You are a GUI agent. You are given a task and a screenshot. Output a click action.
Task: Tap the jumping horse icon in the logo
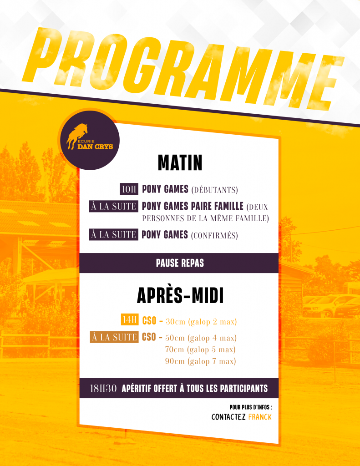point(77,136)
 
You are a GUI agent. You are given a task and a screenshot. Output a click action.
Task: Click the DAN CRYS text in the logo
point(95,147)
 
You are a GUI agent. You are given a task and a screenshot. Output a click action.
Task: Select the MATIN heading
point(180,162)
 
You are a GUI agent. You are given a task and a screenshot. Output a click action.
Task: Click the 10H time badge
point(129,189)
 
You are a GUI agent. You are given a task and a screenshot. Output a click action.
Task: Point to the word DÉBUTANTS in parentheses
point(215,190)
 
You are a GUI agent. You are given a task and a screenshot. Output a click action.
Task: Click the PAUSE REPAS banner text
point(180,263)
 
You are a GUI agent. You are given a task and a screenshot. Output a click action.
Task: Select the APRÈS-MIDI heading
point(180,296)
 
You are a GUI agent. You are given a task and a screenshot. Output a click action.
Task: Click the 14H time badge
point(130,320)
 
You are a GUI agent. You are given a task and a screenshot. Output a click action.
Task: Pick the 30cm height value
point(175,322)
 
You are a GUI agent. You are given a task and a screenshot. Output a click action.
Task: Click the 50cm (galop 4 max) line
point(201,338)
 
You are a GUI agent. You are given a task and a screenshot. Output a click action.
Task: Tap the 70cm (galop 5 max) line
point(200,349)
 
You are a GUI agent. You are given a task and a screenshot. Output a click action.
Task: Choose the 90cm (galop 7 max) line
point(201,361)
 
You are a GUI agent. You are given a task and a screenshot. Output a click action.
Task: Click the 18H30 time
point(103,389)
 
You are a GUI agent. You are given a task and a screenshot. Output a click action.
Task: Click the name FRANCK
point(260,417)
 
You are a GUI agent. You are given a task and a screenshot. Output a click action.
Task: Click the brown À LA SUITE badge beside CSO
point(114,337)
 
